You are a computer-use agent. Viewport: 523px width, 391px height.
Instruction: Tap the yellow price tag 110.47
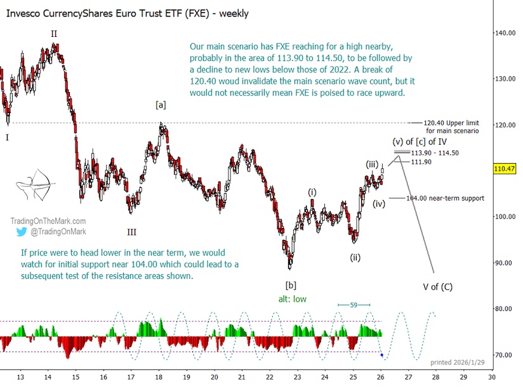[x=508, y=169]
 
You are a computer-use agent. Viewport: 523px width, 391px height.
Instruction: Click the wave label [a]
[x=161, y=105]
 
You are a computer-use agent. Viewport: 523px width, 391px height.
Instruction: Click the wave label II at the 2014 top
[x=54, y=32]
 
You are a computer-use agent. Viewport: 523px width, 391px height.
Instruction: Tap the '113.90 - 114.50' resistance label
[x=435, y=153]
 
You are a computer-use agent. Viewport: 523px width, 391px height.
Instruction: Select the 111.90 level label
[x=421, y=162]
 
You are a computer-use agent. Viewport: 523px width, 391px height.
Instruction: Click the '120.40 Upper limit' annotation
[x=451, y=123]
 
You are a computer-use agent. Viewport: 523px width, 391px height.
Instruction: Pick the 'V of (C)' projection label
[x=437, y=287]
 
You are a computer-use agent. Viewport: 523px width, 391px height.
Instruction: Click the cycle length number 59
[x=354, y=305]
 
